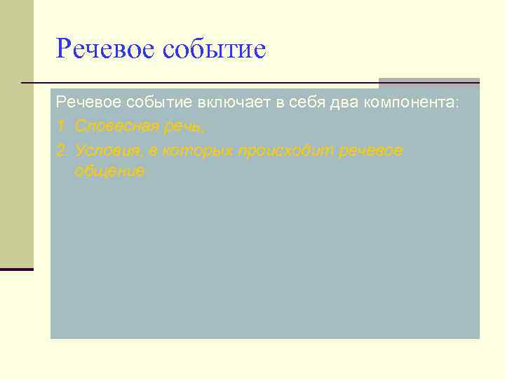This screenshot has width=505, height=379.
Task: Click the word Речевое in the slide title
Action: (105, 50)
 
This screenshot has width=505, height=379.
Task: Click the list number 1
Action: (60, 127)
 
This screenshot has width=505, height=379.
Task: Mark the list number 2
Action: (61, 151)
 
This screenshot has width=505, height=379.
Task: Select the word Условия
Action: (105, 151)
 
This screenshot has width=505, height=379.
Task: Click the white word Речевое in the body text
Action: (88, 103)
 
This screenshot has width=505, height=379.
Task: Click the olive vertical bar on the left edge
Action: (16, 133)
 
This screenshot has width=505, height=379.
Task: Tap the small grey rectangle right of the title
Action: (429, 83)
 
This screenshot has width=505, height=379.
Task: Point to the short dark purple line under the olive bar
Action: (16, 269)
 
